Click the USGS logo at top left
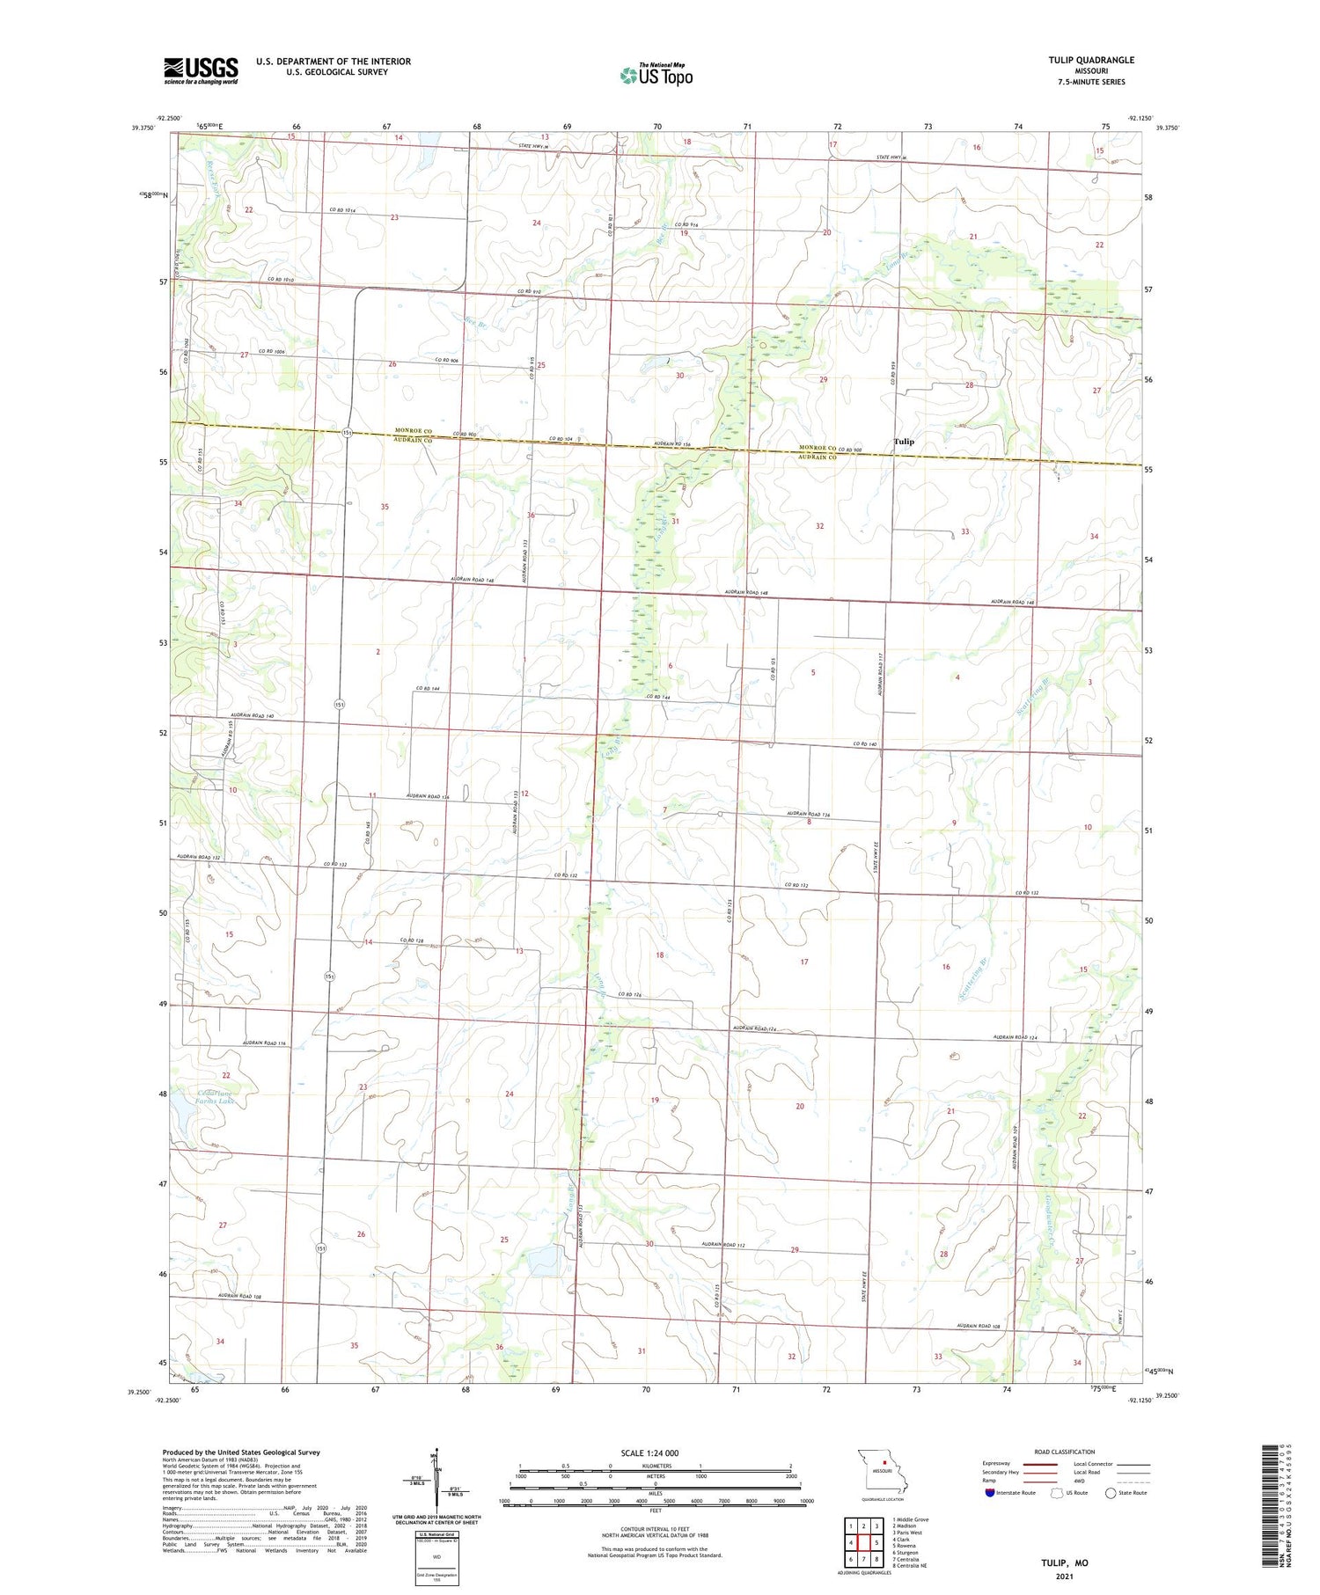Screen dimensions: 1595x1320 click(x=201, y=70)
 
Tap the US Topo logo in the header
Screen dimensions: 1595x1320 click(x=656, y=76)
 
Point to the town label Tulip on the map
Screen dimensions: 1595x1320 click(x=903, y=442)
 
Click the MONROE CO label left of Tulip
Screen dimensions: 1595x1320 click(x=818, y=449)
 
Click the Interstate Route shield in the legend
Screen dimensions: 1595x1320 click(x=990, y=1492)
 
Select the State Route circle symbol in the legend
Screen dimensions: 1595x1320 click(x=1111, y=1492)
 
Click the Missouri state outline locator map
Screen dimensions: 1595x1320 click(x=883, y=1472)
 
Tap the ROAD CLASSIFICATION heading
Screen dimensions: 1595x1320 click(x=1065, y=1452)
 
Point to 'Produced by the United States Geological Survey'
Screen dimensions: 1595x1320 click(x=240, y=1452)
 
